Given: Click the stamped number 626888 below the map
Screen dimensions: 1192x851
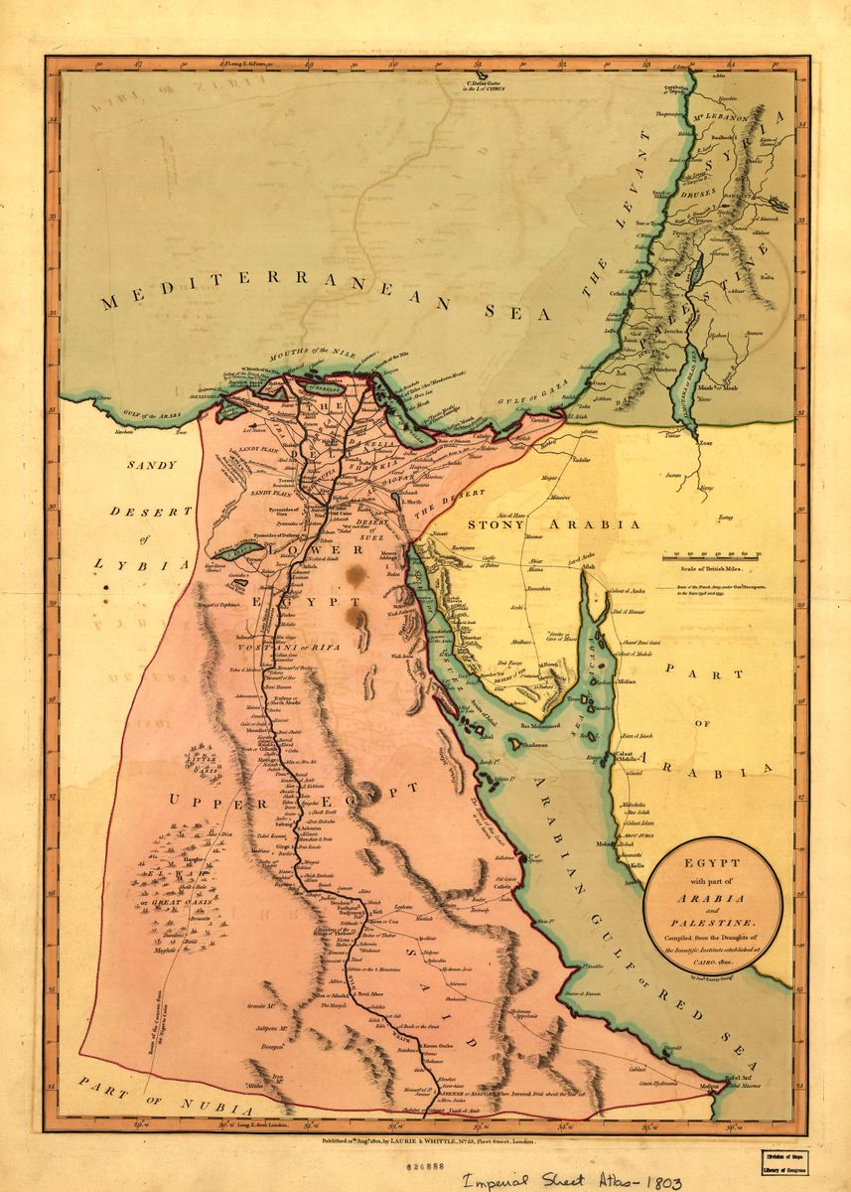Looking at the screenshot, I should pyautogui.click(x=416, y=1159).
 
